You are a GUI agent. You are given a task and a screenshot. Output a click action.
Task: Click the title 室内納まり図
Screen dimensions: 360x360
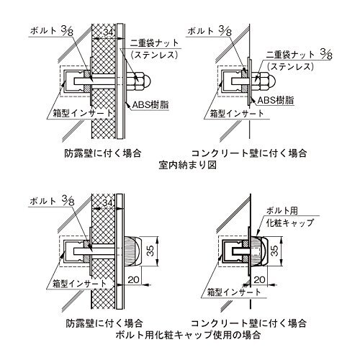187,165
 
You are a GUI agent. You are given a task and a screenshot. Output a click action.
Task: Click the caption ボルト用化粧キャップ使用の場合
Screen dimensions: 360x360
188,335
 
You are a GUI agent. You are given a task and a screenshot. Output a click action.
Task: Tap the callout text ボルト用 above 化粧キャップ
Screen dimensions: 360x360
282,211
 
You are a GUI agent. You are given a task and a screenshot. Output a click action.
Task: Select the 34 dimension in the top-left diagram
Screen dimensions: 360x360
108,32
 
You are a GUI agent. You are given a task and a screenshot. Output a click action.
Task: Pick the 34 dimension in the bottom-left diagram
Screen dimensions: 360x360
108,203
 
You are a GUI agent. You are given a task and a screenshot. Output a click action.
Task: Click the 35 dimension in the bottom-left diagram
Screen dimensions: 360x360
150,251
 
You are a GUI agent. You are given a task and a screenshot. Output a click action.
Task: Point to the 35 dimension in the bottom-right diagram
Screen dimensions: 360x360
276,251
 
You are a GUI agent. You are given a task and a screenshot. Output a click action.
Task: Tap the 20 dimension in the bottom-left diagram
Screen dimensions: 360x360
134,279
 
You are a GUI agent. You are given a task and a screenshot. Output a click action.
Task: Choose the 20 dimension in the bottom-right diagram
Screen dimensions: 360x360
259,279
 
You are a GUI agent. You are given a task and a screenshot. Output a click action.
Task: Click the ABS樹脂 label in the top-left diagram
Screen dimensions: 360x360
150,104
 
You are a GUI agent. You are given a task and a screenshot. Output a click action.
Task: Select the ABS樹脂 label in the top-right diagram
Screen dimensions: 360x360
276,100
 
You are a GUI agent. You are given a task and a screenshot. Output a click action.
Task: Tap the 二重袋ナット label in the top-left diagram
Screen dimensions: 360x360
155,43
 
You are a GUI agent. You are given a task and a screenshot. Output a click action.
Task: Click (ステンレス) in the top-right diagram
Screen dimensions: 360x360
290,66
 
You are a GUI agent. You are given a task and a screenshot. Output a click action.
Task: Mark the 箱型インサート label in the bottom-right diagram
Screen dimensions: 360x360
234,292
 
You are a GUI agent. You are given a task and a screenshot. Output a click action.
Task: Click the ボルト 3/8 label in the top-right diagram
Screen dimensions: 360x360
209,31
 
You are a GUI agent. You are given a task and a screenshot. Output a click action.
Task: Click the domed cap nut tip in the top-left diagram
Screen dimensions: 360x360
148,81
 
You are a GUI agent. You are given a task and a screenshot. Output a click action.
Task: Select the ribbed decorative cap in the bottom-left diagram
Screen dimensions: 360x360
131,251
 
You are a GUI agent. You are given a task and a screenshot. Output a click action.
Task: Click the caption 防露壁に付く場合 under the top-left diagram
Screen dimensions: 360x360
103,153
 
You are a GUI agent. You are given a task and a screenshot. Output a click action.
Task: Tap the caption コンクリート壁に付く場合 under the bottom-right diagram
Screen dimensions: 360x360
249,323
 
